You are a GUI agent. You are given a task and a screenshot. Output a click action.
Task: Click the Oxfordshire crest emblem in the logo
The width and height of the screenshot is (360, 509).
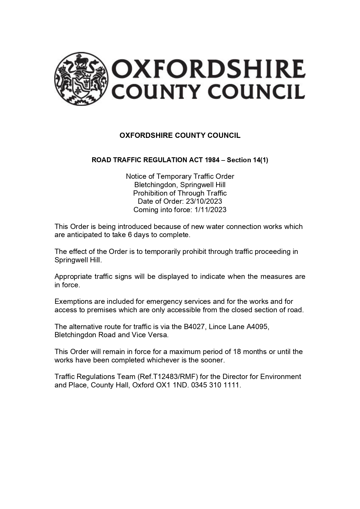[81, 79]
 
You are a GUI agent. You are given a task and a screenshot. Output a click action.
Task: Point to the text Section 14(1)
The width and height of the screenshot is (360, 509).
[247, 160]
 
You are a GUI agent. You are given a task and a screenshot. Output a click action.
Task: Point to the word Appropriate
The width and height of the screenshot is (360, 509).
[73, 277]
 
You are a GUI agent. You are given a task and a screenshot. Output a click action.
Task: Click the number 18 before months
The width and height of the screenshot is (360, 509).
[237, 352]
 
